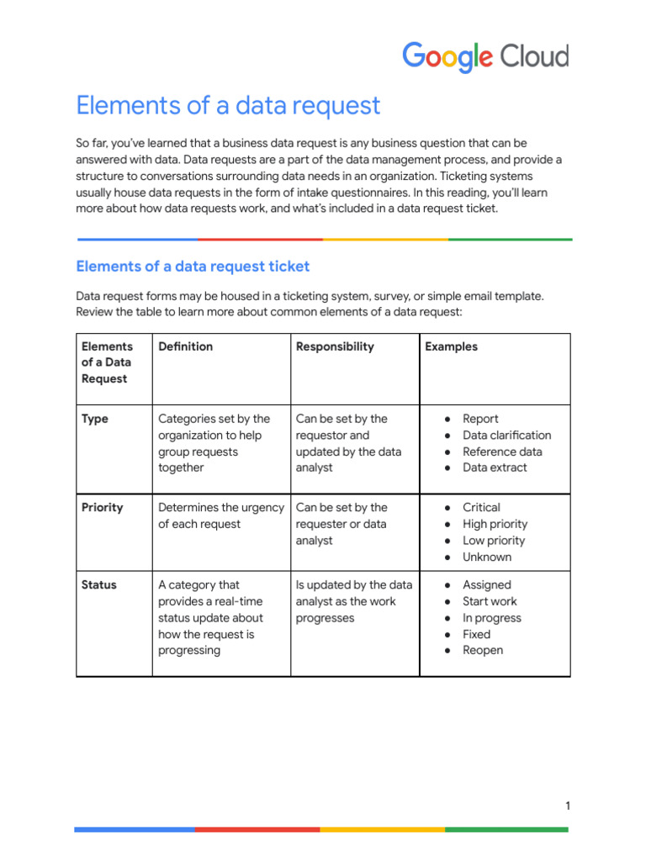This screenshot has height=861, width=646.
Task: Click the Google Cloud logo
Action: click(x=485, y=57)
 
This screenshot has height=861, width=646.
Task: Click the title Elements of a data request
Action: click(x=228, y=106)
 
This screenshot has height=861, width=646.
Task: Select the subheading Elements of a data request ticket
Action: click(x=193, y=267)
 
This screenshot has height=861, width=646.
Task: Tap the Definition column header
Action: click(x=185, y=346)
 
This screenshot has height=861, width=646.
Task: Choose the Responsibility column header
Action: click(x=335, y=346)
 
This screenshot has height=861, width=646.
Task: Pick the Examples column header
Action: click(x=451, y=346)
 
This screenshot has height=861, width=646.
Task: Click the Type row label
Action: click(x=95, y=419)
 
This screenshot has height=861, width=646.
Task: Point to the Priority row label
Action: click(x=102, y=508)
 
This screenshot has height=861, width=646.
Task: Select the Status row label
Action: click(x=99, y=585)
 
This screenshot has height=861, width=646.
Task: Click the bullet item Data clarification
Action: click(x=506, y=436)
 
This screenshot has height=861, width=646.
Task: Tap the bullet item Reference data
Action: click(x=502, y=452)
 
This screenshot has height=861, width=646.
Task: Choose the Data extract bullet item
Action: click(x=495, y=467)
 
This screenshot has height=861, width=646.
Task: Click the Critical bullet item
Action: click(x=481, y=508)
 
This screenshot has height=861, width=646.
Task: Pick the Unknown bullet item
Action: click(x=486, y=557)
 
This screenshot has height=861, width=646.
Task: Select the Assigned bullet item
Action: click(x=486, y=585)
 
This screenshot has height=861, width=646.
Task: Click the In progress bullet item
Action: click(x=491, y=618)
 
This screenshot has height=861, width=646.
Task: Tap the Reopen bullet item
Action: click(x=483, y=650)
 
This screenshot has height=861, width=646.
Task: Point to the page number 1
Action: click(x=568, y=806)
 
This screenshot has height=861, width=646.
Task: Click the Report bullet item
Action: click(x=480, y=419)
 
